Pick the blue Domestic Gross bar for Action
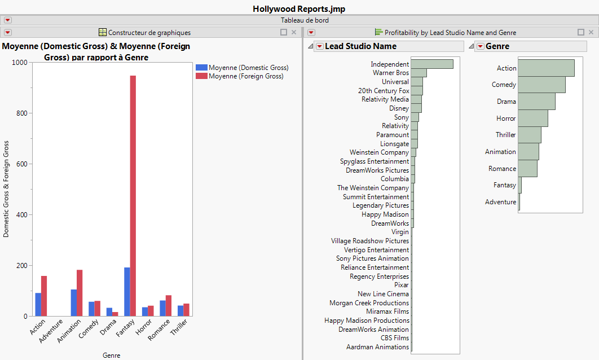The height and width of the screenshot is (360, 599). click(x=38, y=305)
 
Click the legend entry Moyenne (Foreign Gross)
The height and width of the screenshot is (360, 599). click(x=246, y=76)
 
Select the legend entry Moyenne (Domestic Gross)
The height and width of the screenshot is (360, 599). click(x=248, y=68)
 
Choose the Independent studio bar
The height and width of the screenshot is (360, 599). click(x=432, y=64)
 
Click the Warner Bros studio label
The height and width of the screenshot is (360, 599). click(x=391, y=73)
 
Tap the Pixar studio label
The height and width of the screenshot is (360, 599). click(x=402, y=285)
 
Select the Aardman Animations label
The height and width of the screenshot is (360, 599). click(x=377, y=347)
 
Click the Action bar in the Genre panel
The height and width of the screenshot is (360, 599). click(x=545, y=68)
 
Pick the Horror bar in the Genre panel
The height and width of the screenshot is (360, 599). click(x=532, y=118)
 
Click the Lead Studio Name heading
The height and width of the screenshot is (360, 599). click(x=360, y=46)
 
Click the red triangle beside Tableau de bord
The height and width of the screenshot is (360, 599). click(x=8, y=20)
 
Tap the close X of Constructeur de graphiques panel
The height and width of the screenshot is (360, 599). click(x=293, y=33)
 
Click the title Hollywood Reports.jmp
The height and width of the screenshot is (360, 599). click(x=299, y=8)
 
